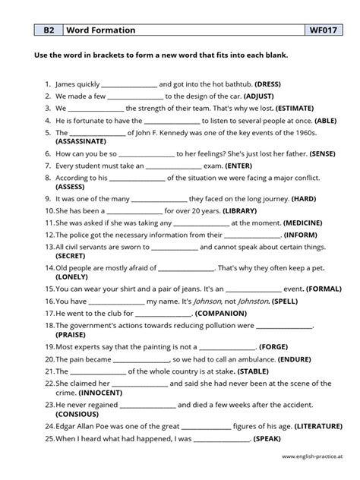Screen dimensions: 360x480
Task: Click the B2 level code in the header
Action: tap(49, 30)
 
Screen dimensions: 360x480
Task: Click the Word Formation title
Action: tap(101, 30)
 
